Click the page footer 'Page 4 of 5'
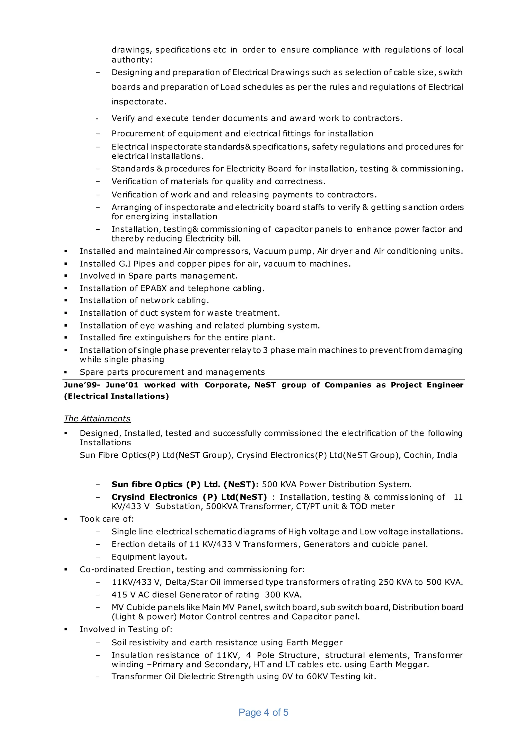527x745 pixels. (x=263, y=712)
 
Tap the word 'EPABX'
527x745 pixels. (x=153, y=288)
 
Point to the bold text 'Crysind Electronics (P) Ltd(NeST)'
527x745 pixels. (x=189, y=497)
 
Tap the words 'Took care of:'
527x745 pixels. (x=107, y=519)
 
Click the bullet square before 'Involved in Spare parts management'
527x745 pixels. (x=66, y=276)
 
